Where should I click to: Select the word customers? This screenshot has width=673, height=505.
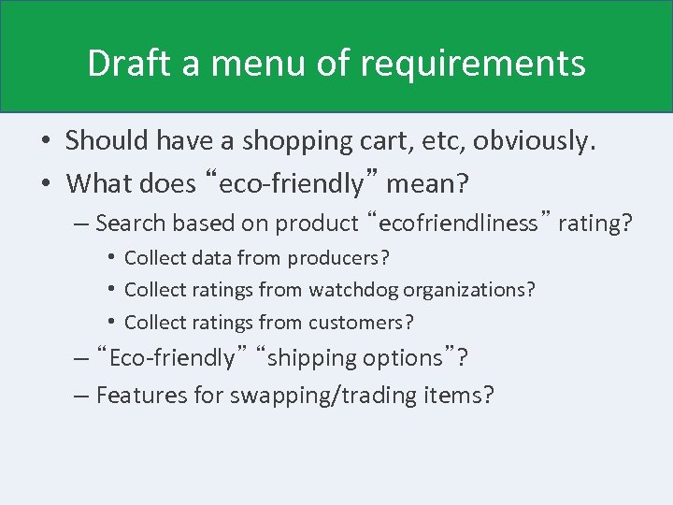click(363, 323)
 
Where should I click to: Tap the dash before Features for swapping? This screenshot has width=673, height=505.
click(80, 396)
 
